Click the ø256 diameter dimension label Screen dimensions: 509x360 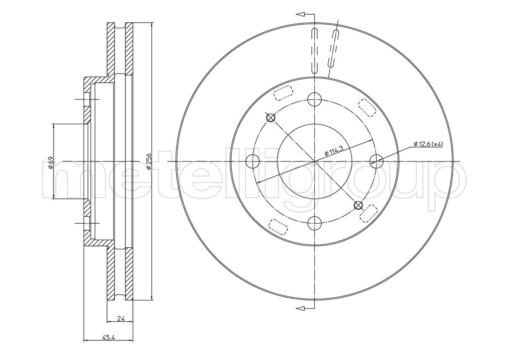pos(148,161)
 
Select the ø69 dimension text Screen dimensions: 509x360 pos(51,162)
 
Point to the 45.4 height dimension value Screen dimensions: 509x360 pos(109,337)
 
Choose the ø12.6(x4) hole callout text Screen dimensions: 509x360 pos(428,144)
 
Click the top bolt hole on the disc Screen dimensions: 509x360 pos(314,99)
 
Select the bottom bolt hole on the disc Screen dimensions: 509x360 pos(314,223)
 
